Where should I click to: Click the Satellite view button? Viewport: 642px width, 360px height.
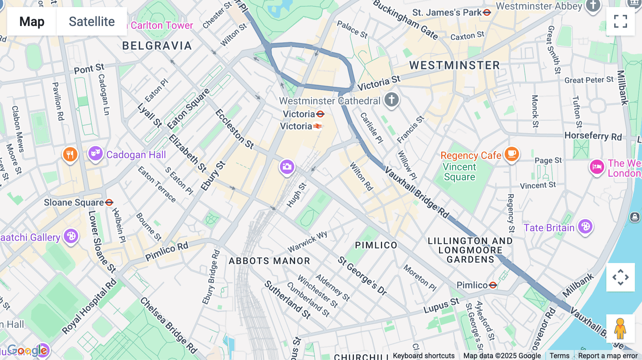point(92,21)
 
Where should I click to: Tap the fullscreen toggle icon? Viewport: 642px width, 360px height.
point(620,21)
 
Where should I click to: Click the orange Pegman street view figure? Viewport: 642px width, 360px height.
point(620,329)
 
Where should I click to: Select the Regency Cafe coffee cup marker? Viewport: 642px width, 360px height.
point(512,154)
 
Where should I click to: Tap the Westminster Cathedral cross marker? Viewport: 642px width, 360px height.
point(391,100)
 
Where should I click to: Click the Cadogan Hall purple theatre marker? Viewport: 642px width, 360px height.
point(95,154)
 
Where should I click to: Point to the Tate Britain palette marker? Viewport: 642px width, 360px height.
point(585,226)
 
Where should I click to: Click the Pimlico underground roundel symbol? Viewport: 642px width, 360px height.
point(493,285)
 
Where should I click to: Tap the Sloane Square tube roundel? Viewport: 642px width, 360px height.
point(109,202)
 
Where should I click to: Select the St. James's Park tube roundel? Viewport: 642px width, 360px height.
point(487,12)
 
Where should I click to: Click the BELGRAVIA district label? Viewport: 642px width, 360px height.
point(157,46)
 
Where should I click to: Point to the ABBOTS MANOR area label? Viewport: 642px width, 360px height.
point(269,261)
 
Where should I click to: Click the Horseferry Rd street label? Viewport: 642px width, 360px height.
point(593,136)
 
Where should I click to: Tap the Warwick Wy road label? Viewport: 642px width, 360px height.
point(307,242)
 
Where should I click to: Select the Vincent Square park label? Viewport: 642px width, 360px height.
point(459,172)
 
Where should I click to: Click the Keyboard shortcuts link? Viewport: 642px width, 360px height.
point(423,356)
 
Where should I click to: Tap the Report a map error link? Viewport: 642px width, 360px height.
point(608,356)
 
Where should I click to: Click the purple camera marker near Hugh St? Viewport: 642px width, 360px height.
point(287,167)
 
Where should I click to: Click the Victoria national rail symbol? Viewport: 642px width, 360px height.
point(317,126)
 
